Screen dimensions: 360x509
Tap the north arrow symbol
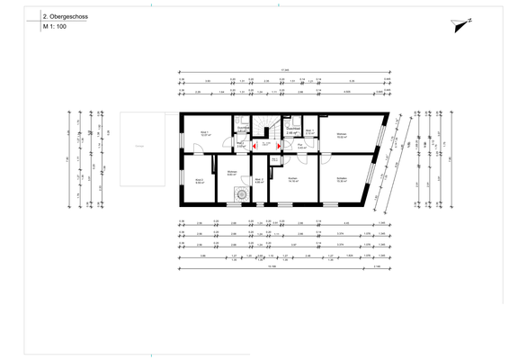pos(462,25)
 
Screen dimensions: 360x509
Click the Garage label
pos(139,146)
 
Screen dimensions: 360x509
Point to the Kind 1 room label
pos(204,134)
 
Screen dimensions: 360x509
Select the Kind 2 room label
pos(199,181)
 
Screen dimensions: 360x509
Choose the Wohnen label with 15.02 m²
pos(341,136)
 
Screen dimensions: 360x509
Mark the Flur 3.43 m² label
pos(290,145)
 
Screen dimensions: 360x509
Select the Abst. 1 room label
pos(308,132)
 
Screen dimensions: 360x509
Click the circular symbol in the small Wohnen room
pos(240,193)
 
